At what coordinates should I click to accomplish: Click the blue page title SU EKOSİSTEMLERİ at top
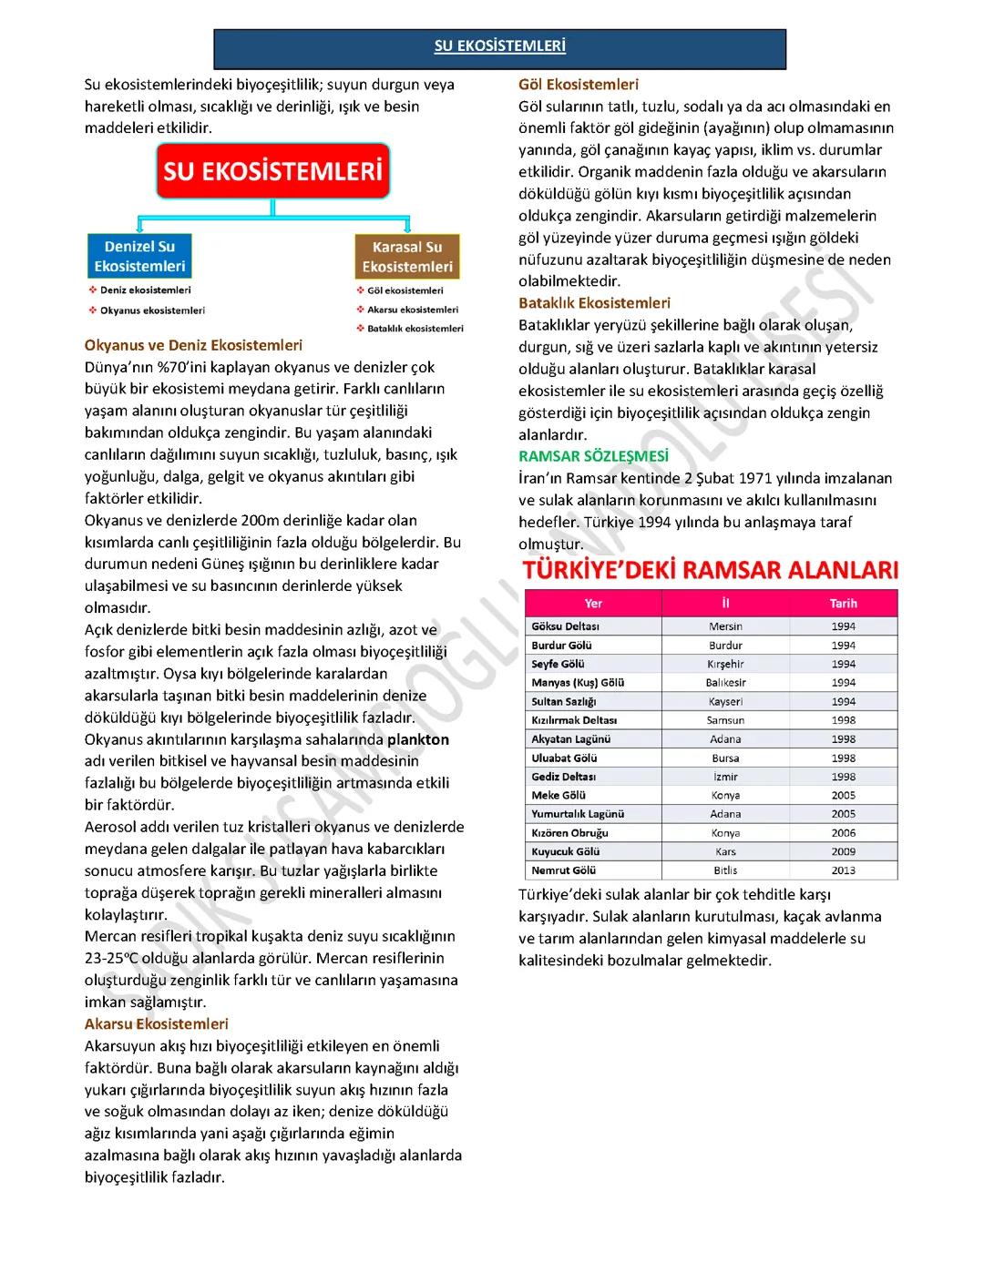pos(499,46)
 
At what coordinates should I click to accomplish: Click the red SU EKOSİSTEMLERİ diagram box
pos(273,171)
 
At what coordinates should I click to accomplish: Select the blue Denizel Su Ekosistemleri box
pos(139,257)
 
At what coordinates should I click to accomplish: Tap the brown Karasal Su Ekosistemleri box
pos(407,257)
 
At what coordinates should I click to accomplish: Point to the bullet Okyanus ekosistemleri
pos(152,310)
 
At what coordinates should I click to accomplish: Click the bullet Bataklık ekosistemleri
pos(415,329)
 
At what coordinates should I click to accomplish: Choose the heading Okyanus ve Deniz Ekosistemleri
pos(193,346)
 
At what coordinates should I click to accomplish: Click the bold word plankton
pos(418,739)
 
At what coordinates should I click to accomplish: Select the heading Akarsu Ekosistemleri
pos(156,1024)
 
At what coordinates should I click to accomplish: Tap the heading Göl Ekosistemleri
pos(579,85)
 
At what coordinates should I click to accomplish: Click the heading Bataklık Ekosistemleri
pos(594,303)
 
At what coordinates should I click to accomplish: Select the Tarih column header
pos(843,604)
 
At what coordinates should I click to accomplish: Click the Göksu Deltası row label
pos(565,626)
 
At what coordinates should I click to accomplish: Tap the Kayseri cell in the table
pos(725,702)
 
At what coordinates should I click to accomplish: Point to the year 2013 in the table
pos(843,870)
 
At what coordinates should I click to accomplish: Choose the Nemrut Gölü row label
pos(563,870)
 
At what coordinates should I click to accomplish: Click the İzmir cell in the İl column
pos(725,777)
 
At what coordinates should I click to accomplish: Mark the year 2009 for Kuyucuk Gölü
pos(843,851)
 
